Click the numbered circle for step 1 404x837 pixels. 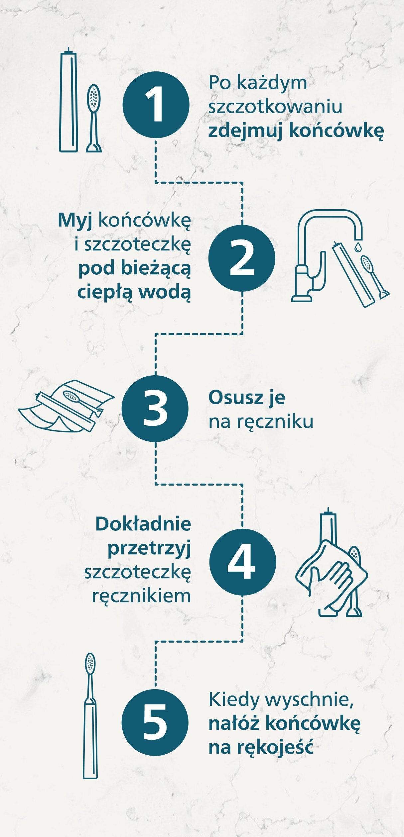pyautogui.click(x=156, y=105)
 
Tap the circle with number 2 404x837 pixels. pyautogui.click(x=242, y=258)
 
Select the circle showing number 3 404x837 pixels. pyautogui.click(x=155, y=409)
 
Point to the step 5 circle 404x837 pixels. pyautogui.click(x=155, y=722)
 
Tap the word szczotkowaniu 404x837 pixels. pyautogui.click(x=275, y=107)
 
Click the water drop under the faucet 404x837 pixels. pyautogui.click(x=358, y=246)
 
